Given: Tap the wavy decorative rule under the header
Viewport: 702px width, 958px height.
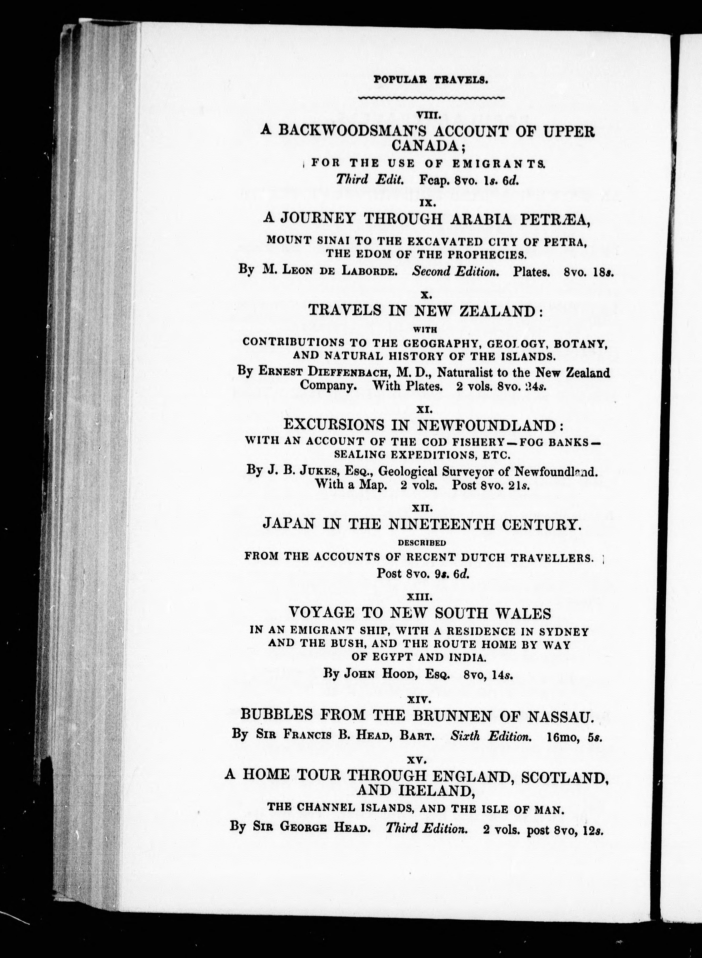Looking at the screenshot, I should [431, 98].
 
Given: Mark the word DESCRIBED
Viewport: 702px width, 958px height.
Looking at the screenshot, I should [422, 542].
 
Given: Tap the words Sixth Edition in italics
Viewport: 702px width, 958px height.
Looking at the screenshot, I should [491, 736].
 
